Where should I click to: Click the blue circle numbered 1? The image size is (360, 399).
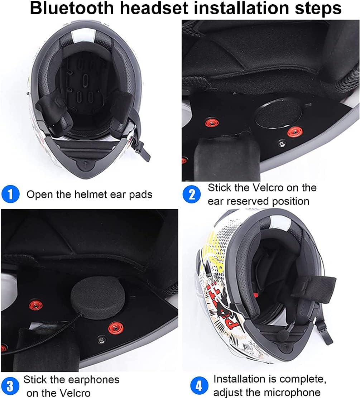tap(11, 194)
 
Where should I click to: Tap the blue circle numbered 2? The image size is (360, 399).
tap(192, 194)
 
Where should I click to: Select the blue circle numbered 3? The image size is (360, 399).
tap(11, 386)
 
